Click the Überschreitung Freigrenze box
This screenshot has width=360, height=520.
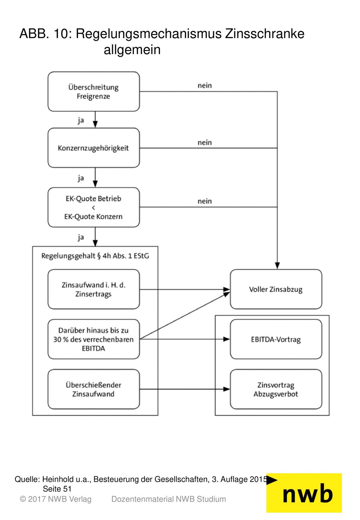tap(94, 91)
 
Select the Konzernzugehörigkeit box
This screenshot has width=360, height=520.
tap(94, 148)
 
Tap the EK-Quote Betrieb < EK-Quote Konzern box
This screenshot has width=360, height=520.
tap(94, 207)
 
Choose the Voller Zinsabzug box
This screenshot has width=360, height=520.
tap(276, 289)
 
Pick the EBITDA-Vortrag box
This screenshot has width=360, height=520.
tap(276, 339)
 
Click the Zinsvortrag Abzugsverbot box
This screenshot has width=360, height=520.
tap(276, 389)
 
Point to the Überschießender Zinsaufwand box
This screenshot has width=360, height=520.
tap(94, 389)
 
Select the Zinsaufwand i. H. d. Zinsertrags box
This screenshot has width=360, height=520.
tap(94, 289)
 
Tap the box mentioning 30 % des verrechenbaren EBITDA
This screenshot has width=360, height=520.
tap(94, 339)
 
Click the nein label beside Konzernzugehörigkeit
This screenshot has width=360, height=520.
tap(205, 142)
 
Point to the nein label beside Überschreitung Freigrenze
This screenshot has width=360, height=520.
tap(205, 85)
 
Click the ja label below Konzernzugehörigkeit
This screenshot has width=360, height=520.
tap(81, 178)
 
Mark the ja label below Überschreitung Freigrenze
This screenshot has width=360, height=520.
tap(81, 121)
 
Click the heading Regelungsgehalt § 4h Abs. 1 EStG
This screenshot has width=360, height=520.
tap(95, 256)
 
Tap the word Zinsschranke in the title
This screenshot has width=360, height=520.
tap(264, 34)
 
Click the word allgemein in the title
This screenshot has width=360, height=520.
tap(132, 50)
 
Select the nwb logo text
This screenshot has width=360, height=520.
tap(308, 495)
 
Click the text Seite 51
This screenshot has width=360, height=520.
tap(57, 489)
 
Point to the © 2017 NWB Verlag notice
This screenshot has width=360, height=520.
tap(56, 499)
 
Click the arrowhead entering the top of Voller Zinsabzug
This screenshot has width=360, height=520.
tap(277, 265)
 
